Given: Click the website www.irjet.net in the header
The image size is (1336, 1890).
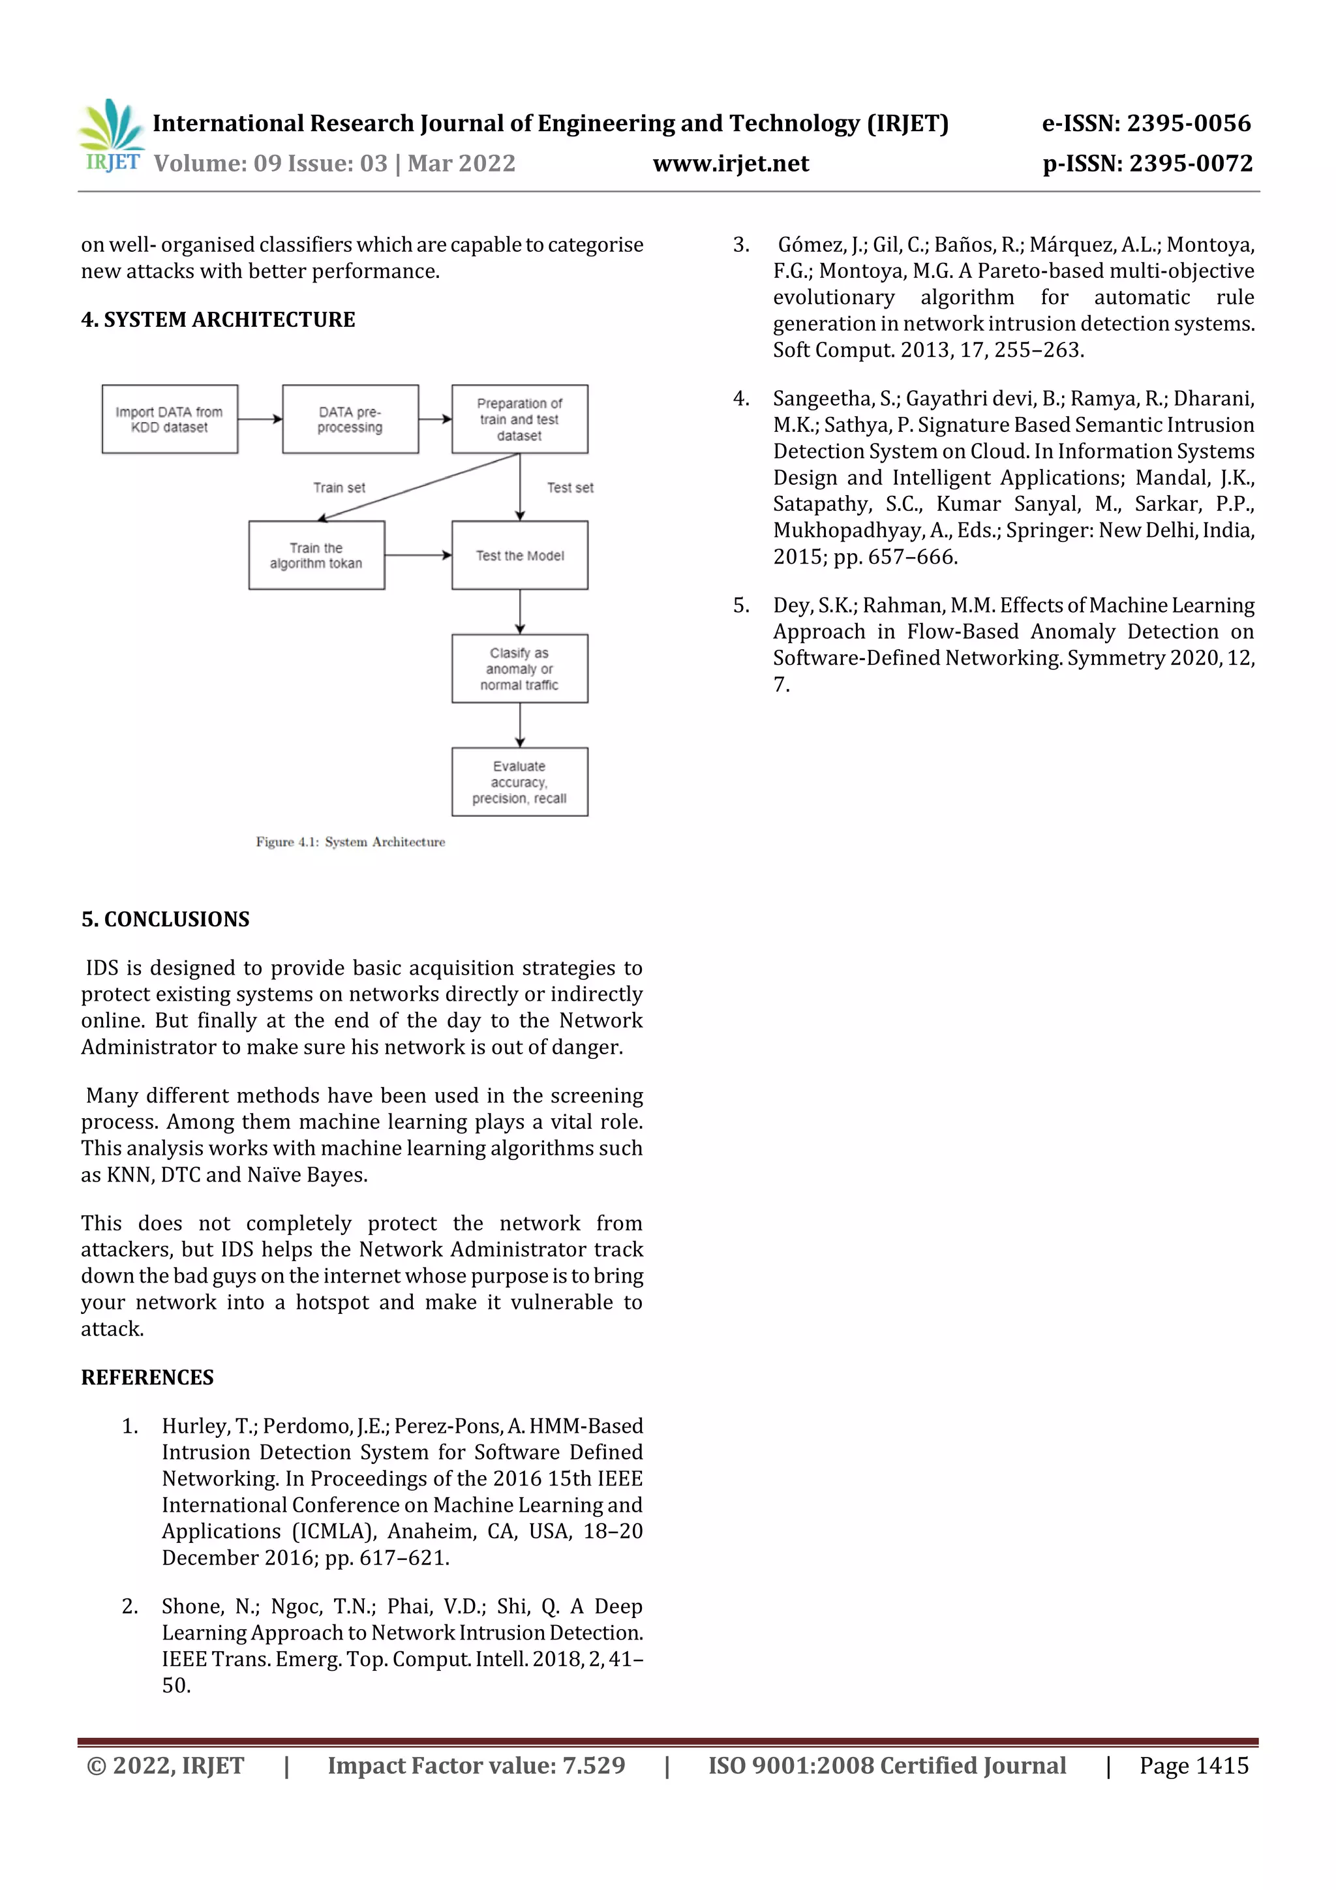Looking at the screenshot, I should tap(730, 163).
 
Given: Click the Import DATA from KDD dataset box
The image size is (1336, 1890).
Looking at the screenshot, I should tap(170, 419).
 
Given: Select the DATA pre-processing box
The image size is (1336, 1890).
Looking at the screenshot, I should tap(350, 419).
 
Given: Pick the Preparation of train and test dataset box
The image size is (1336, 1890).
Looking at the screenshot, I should tap(519, 419).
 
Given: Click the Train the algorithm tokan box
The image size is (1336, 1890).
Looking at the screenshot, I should tap(316, 555).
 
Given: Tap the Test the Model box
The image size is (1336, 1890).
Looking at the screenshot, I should tap(519, 555).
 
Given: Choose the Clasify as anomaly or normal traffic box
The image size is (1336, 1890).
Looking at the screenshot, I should tap(519, 669).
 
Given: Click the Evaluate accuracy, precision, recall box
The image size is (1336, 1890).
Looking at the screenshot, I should tap(519, 782).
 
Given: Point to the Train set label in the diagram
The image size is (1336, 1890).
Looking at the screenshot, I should tap(339, 487).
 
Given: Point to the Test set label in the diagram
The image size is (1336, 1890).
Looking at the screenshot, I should tap(569, 487).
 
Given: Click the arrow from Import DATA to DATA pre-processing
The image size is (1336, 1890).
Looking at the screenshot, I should tap(260, 419).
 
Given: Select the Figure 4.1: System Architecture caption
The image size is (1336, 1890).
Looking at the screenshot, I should tap(350, 842).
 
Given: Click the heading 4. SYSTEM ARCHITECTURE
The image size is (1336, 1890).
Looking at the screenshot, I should tap(218, 320).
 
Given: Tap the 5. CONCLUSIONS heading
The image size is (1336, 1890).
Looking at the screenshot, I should tap(166, 919).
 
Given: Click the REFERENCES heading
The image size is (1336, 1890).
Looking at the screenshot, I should tap(147, 1377).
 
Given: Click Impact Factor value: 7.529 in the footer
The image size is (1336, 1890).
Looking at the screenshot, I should tap(476, 1765).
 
